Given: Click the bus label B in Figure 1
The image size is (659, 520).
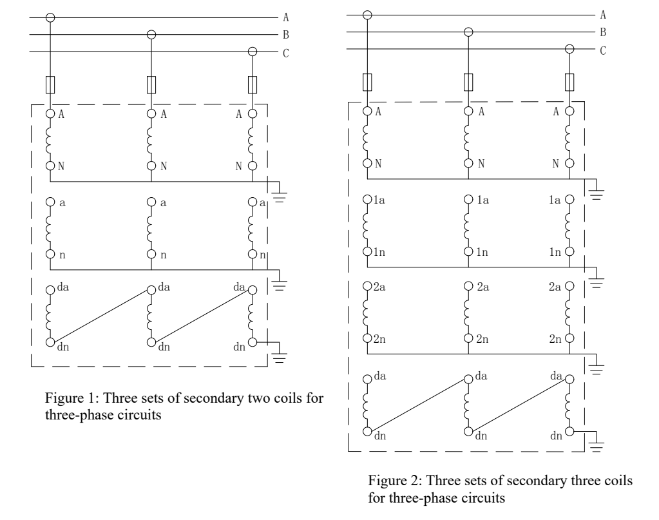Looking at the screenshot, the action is point(286,34).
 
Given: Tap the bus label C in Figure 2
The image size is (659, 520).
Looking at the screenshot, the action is point(603,50).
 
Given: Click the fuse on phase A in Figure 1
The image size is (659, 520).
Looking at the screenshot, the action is point(50,84).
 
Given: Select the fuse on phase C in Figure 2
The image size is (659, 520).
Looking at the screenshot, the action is point(569,82).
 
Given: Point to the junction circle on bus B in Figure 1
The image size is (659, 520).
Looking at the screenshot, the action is point(151,34).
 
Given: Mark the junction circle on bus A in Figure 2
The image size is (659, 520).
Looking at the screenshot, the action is point(367,15).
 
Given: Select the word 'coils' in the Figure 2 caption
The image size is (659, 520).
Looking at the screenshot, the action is point(618,481).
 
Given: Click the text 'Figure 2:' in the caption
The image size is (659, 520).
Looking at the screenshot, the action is point(396,481).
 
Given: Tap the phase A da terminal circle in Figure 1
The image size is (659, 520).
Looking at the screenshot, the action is point(50,290).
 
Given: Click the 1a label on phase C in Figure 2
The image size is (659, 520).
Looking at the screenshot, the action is point(555,200).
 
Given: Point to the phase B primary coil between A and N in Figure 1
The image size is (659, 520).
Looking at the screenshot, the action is point(149,140).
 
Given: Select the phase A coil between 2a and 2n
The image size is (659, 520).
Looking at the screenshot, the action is point(366,313).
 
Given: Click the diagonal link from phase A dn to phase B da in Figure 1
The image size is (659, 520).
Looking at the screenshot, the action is point(101,316).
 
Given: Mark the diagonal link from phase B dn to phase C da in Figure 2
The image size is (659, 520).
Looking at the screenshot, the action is point(519,405).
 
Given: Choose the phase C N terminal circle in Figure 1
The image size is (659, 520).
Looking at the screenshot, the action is point(252,166).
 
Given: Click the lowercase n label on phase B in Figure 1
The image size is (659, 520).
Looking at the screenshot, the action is point(164,255).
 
